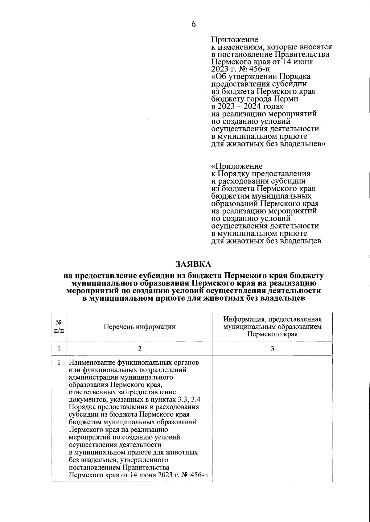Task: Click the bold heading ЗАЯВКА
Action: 193,264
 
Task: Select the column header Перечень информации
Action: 140,327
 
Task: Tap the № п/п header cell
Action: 59,327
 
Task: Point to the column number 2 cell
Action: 140,349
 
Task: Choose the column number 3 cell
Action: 273,349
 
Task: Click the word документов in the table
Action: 86,400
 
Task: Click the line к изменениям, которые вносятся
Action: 271,47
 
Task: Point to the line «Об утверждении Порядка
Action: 261,76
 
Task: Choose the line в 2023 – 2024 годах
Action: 247,106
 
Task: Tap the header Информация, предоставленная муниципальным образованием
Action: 273,323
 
